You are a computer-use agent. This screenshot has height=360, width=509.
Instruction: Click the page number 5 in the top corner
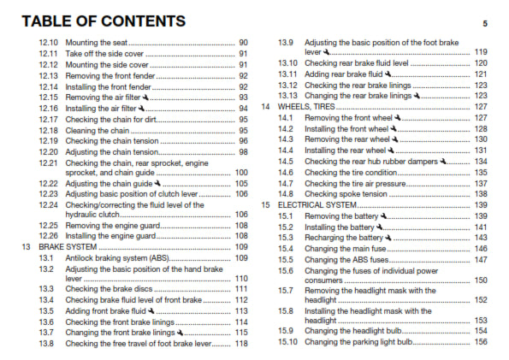[x=485, y=23]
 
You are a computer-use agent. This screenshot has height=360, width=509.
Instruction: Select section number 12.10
[x=49, y=42]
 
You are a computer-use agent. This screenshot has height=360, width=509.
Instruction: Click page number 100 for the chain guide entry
[x=242, y=172]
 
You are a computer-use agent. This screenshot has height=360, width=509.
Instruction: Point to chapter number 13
[x=26, y=246]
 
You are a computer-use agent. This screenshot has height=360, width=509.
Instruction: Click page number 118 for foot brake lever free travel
[x=242, y=343]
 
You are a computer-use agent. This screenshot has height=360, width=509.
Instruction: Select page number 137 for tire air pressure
[x=482, y=183]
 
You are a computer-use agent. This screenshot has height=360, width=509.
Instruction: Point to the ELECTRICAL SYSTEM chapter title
[x=319, y=205]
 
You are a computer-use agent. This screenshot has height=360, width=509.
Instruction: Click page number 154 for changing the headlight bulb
[x=482, y=330]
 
